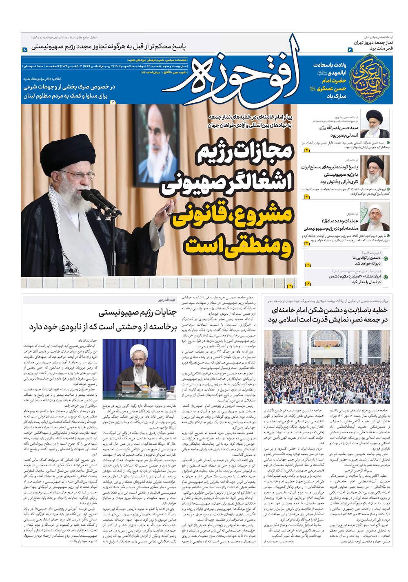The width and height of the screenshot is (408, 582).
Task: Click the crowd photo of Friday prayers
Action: point(327,367)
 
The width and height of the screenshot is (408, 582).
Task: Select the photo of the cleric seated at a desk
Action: point(139,369)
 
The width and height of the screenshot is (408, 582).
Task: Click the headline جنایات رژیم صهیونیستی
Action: point(139,313)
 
